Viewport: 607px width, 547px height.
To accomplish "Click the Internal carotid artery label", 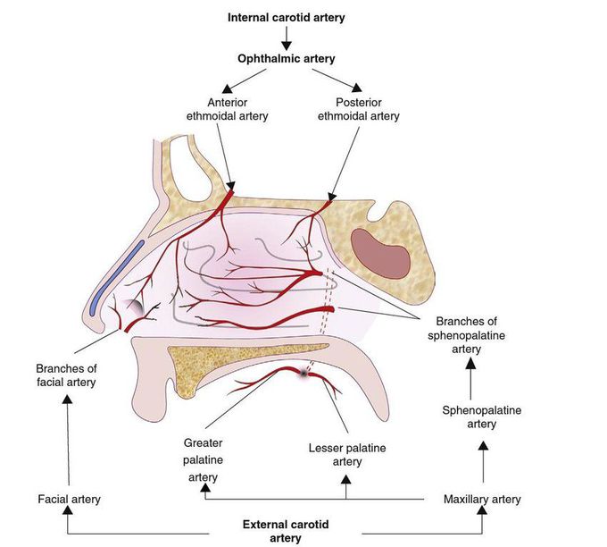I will click(x=286, y=17).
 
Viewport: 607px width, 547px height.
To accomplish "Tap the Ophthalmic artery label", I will click(x=286, y=58).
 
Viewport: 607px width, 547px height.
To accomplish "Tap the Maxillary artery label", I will click(x=482, y=499).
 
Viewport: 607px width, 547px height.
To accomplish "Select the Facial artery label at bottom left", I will click(x=69, y=499).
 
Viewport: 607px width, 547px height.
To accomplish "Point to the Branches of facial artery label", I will click(x=65, y=374).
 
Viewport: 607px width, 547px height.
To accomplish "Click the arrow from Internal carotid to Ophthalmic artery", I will click(x=286, y=38).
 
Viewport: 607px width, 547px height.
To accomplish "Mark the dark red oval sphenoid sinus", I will click(x=380, y=253).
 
